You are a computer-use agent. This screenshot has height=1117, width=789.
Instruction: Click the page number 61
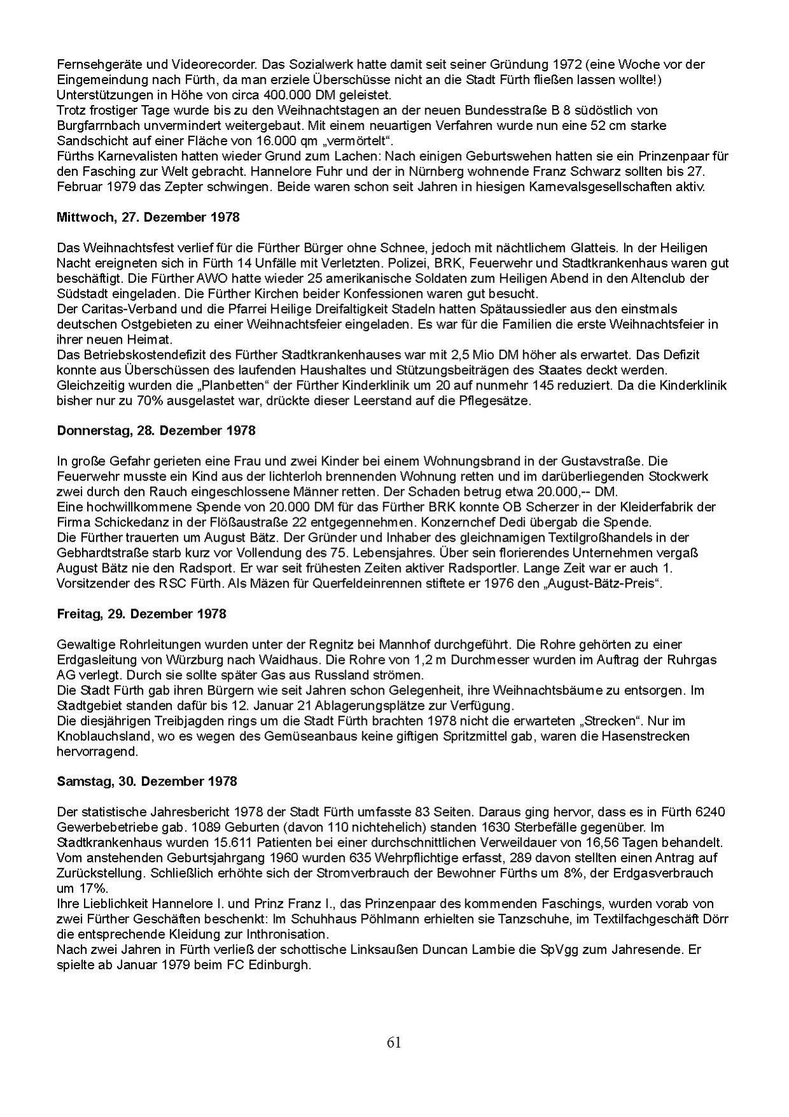[x=394, y=1042]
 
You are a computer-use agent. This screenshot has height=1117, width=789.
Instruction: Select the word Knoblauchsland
[x=96, y=736]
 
